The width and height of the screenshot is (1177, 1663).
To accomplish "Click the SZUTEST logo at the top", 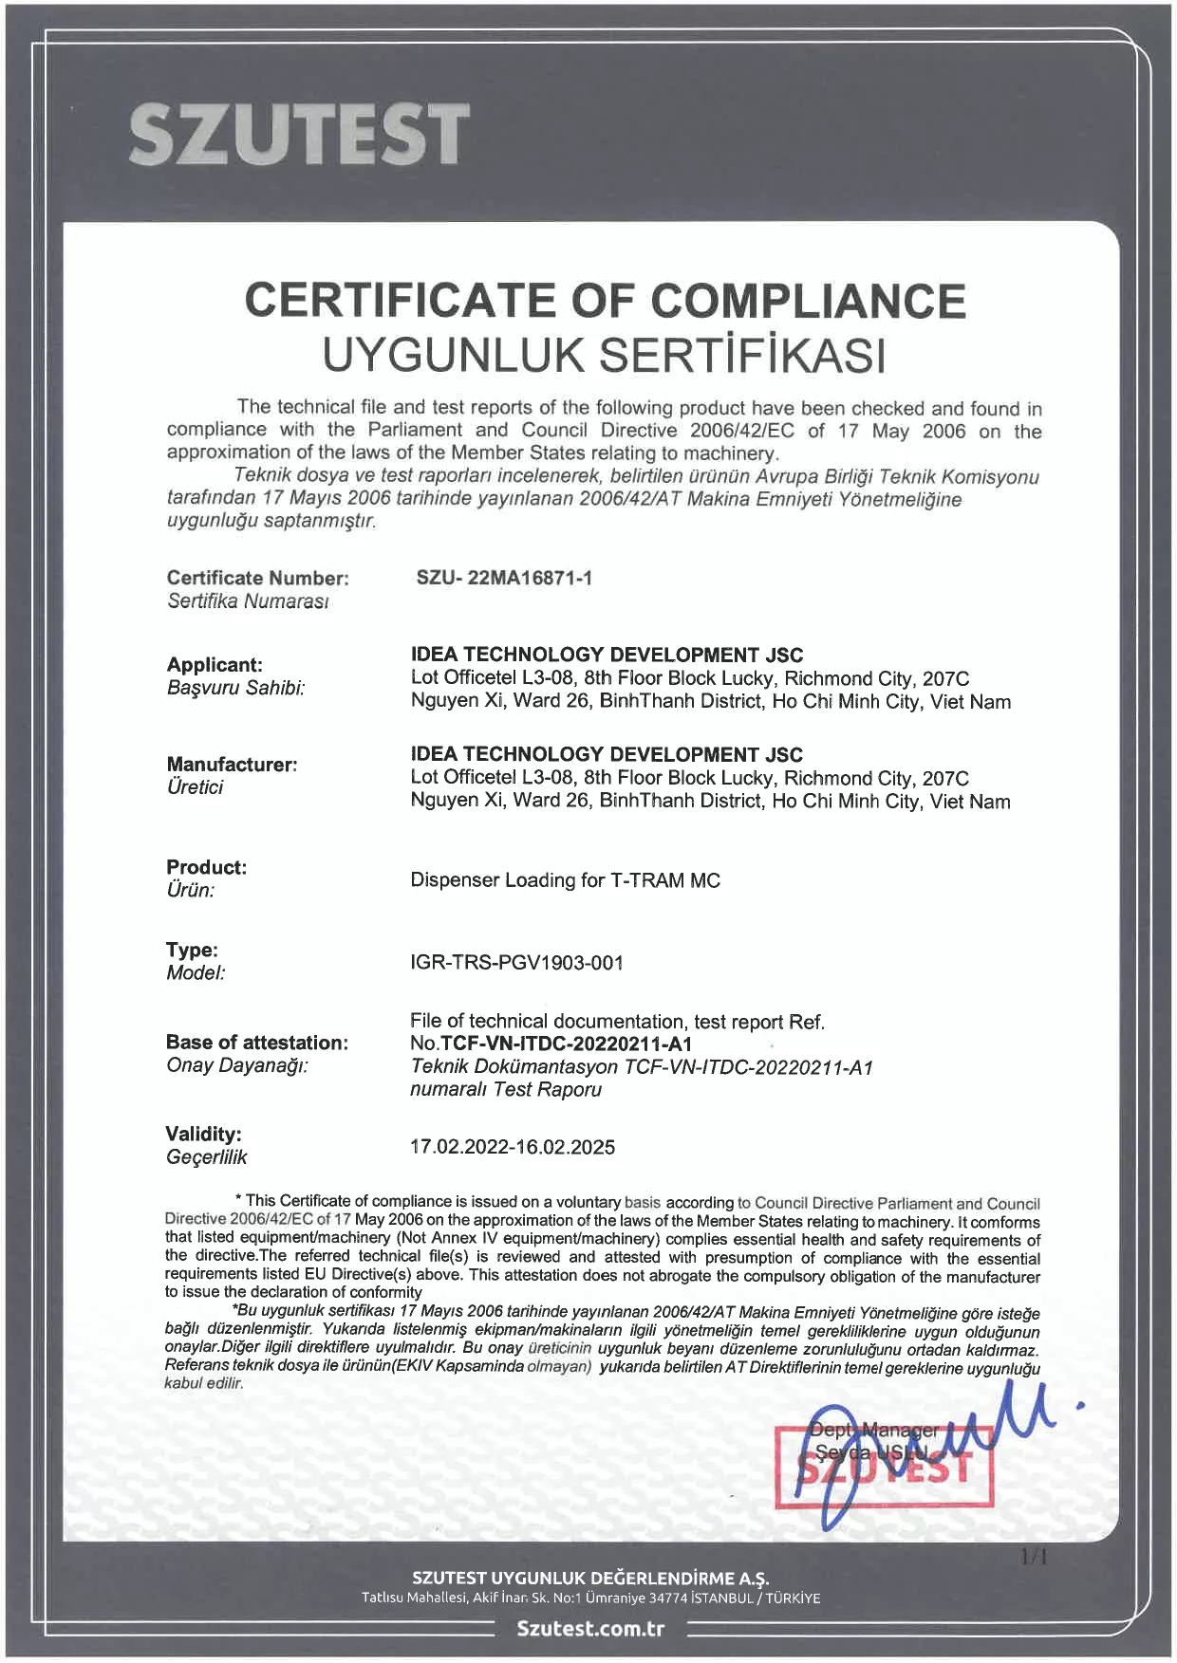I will (x=299, y=134).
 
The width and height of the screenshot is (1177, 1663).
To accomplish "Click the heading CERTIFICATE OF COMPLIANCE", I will (x=605, y=301).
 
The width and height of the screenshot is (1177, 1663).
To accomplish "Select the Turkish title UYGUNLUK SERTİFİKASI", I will (x=605, y=355).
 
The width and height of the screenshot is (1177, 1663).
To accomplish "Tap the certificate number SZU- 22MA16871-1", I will (x=504, y=578).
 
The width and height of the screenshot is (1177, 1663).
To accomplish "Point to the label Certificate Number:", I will (x=257, y=578).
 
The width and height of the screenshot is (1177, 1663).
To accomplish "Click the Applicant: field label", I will (x=215, y=664).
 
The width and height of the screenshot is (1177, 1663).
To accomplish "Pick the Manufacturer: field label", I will (x=232, y=764).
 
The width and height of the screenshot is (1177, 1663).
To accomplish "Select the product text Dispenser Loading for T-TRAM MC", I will (x=565, y=880).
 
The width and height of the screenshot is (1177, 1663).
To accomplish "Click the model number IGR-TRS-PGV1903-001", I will (x=516, y=963).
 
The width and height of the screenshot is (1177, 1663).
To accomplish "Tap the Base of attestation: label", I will (x=256, y=1043).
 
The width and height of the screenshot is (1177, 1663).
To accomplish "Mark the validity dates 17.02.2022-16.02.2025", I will (x=512, y=1147).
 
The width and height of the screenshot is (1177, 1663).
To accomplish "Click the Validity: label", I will (x=203, y=1134).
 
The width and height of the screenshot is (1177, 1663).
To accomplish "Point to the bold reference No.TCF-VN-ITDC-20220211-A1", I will (x=551, y=1044).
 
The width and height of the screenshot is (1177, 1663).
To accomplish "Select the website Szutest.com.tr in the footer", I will (x=590, y=1629).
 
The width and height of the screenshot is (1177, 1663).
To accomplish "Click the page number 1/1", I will (x=1034, y=1557).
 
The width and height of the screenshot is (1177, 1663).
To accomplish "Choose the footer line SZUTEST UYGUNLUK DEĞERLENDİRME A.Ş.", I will (x=590, y=1579).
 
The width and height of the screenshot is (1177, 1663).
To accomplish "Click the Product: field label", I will (x=206, y=867).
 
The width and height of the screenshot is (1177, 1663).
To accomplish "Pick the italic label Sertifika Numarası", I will (x=247, y=601).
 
